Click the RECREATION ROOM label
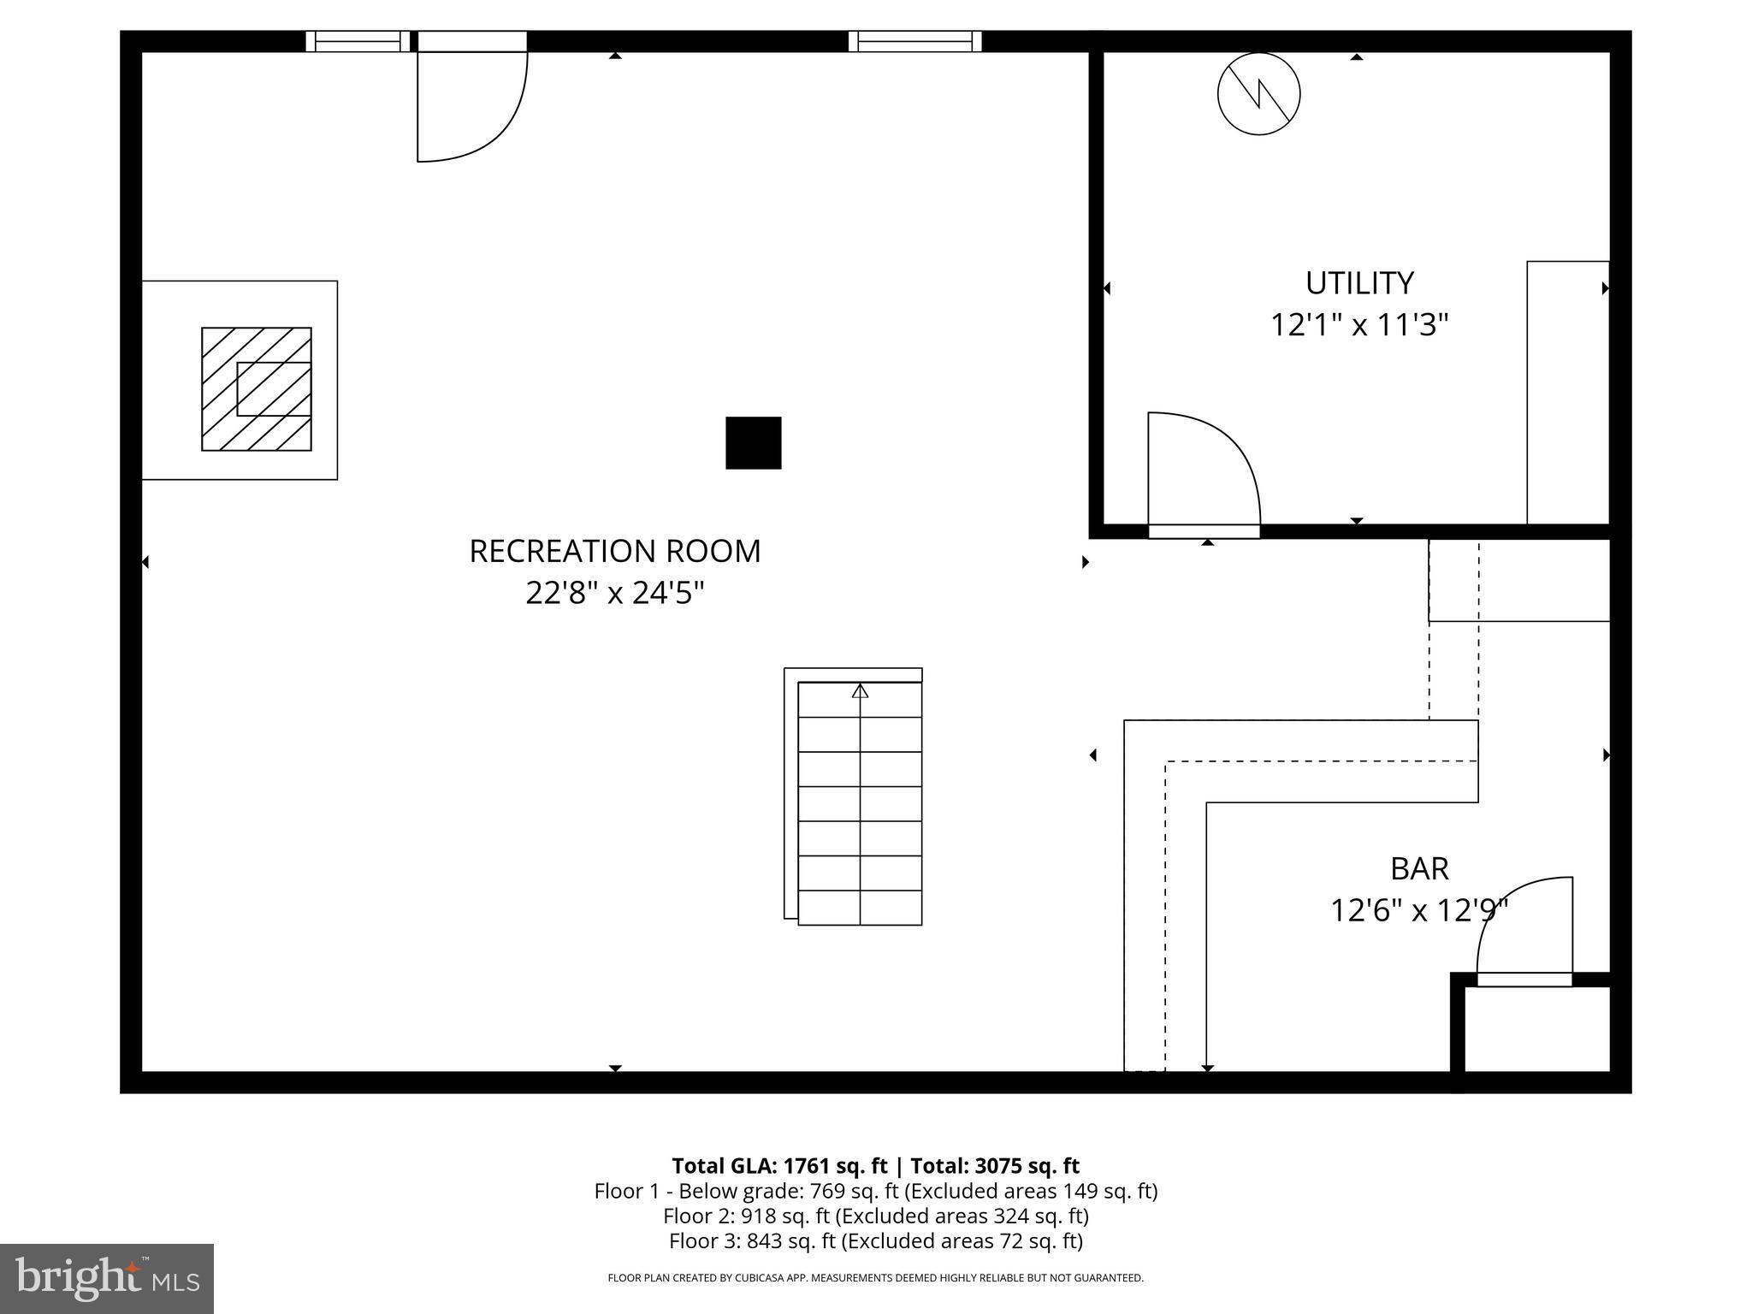click(x=614, y=551)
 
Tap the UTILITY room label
click(x=1358, y=283)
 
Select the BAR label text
click(x=1418, y=868)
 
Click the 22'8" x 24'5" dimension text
click(x=614, y=593)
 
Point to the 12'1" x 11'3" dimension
click(x=1358, y=325)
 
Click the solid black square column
click(x=753, y=442)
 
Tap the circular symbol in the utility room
click(x=1258, y=93)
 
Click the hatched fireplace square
click(x=256, y=388)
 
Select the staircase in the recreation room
click(x=859, y=802)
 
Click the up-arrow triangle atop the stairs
click(x=860, y=690)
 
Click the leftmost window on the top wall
click(x=358, y=41)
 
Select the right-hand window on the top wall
click(x=914, y=41)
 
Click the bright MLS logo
click(x=107, y=1278)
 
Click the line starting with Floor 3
click(x=875, y=1240)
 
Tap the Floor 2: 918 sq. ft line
click(x=875, y=1216)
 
